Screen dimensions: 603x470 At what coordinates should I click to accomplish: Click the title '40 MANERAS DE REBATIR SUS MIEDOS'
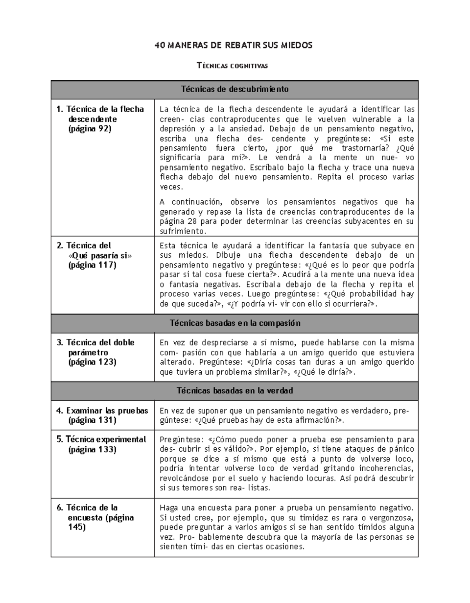(233, 45)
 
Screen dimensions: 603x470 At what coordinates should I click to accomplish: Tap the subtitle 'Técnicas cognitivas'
(232, 66)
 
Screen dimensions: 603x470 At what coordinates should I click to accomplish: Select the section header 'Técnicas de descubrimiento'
(235, 89)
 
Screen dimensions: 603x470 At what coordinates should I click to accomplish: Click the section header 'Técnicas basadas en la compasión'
(235, 323)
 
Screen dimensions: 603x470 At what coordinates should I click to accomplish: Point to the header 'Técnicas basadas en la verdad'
(235, 391)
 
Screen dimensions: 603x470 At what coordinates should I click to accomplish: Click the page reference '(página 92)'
(90, 129)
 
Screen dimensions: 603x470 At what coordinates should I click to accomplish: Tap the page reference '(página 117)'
(92, 265)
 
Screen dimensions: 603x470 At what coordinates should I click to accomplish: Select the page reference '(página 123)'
(92, 362)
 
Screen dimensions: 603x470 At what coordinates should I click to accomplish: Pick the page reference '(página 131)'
(92, 420)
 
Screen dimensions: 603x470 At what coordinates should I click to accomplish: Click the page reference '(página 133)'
(92, 449)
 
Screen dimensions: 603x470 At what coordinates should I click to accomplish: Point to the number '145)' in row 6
(77, 527)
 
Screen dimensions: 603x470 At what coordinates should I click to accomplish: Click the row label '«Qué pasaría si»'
(100, 255)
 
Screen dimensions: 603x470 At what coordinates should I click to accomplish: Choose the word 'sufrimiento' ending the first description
(182, 231)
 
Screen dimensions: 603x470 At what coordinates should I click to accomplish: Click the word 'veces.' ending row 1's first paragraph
(171, 187)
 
